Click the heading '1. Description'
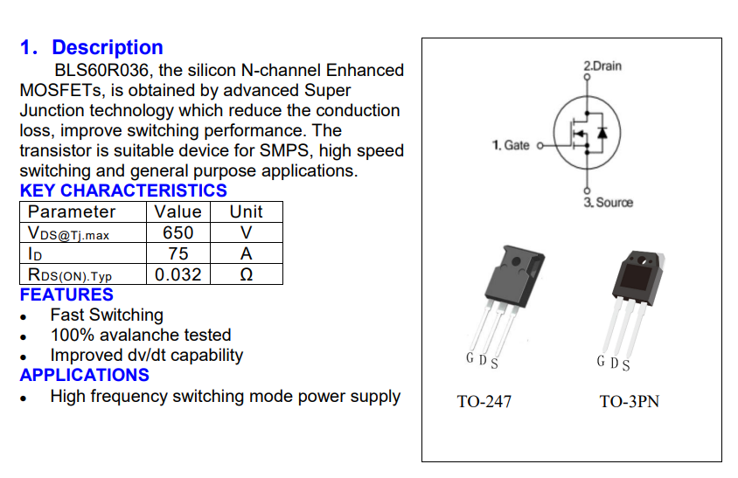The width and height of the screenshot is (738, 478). (91, 48)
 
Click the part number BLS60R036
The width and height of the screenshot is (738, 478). (96, 71)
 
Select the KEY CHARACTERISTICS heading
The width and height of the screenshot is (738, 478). (123, 191)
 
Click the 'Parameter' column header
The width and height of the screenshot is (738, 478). (72, 211)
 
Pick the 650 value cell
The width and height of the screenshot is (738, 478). (178, 232)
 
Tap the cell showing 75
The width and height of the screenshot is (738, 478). (178, 253)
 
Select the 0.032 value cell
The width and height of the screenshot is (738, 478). (178, 274)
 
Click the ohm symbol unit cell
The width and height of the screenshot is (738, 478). (247, 274)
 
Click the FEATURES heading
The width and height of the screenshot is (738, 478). (66, 294)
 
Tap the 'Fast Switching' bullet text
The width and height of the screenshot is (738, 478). (107, 315)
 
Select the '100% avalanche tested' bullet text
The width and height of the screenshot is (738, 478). (141, 335)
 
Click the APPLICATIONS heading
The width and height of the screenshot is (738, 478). (85, 375)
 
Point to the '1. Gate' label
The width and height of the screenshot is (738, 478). (511, 145)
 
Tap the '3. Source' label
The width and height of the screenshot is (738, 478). (608, 203)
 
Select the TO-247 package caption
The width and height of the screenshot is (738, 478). (484, 402)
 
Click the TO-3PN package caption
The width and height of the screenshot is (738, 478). (629, 402)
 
